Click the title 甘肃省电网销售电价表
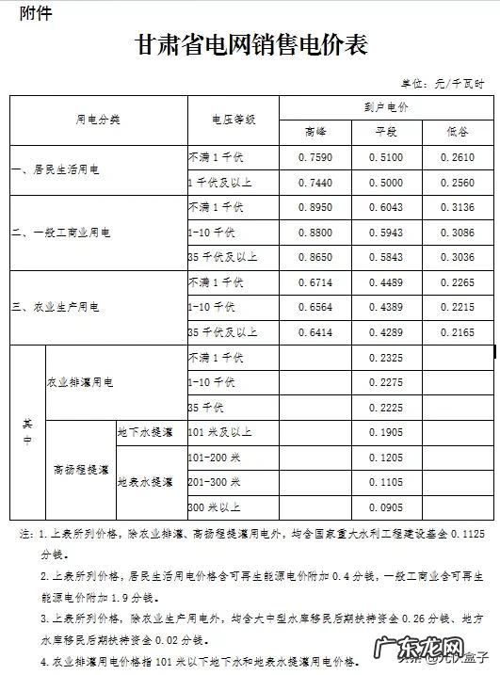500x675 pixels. point(250,44)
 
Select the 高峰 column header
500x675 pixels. point(315,132)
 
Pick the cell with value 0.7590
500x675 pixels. point(315,156)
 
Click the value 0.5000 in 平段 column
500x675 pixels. point(387,182)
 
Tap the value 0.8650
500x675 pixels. point(315,256)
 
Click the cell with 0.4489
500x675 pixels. point(387,281)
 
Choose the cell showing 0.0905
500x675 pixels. point(387,506)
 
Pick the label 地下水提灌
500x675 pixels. point(144,432)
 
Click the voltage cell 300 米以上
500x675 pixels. point(215,507)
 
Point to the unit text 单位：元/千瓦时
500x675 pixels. point(444,85)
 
